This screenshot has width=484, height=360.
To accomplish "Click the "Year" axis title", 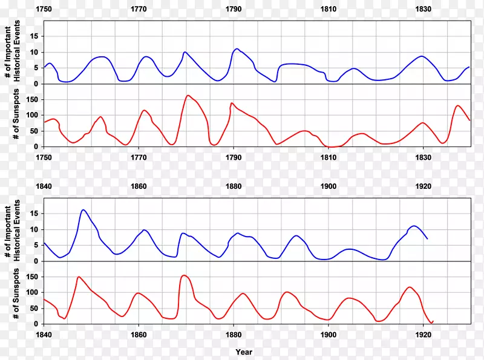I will click(244, 352).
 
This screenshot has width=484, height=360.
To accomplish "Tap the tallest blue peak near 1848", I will click(83, 210).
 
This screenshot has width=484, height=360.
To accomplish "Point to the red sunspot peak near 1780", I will click(188, 96).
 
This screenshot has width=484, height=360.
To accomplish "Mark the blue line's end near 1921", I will click(428, 238).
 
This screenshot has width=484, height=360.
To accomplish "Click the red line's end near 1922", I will click(433, 321).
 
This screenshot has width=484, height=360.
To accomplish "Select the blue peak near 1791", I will click(237, 49).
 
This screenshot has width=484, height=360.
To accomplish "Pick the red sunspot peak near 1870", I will click(184, 275).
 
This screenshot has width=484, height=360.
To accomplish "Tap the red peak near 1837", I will click(457, 106).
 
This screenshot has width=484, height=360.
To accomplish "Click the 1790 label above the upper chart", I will click(234, 10).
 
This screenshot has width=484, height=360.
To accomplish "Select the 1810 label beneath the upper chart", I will click(329, 157).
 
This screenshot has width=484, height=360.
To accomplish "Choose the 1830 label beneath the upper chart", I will click(423, 157).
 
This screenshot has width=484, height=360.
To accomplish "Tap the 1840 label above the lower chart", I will click(44, 187).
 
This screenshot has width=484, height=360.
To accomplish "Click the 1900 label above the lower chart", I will click(329, 187).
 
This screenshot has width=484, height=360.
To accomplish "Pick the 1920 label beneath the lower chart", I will click(423, 335).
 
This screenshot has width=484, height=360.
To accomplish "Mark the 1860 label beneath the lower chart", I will click(139, 335).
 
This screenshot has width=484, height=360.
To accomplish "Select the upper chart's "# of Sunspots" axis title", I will click(16, 115).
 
